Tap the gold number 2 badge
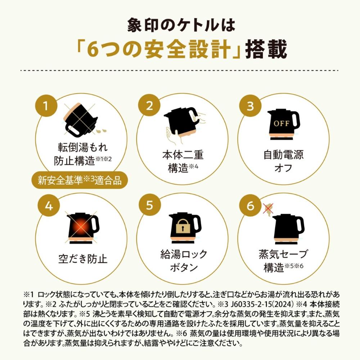pyautogui.click(x=149, y=105)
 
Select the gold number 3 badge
pyautogui.click(x=250, y=105)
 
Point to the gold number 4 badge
pyautogui.click(x=49, y=205)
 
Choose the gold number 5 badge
pyautogui.click(x=149, y=205)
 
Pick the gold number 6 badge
pyautogui.click(x=250, y=205)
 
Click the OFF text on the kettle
pyautogui.click(x=282, y=123)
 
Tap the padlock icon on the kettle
pyautogui.click(x=183, y=227)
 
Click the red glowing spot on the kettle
pyautogui.click(x=81, y=227)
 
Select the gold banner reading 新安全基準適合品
pyautogui.click(x=80, y=180)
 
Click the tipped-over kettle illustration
pyautogui.click(x=80, y=120)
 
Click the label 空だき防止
pyautogui.click(x=83, y=259)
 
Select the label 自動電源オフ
pyautogui.click(x=283, y=161)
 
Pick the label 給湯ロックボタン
pyautogui.click(x=184, y=261)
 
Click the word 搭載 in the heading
pyautogui.click(x=266, y=49)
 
